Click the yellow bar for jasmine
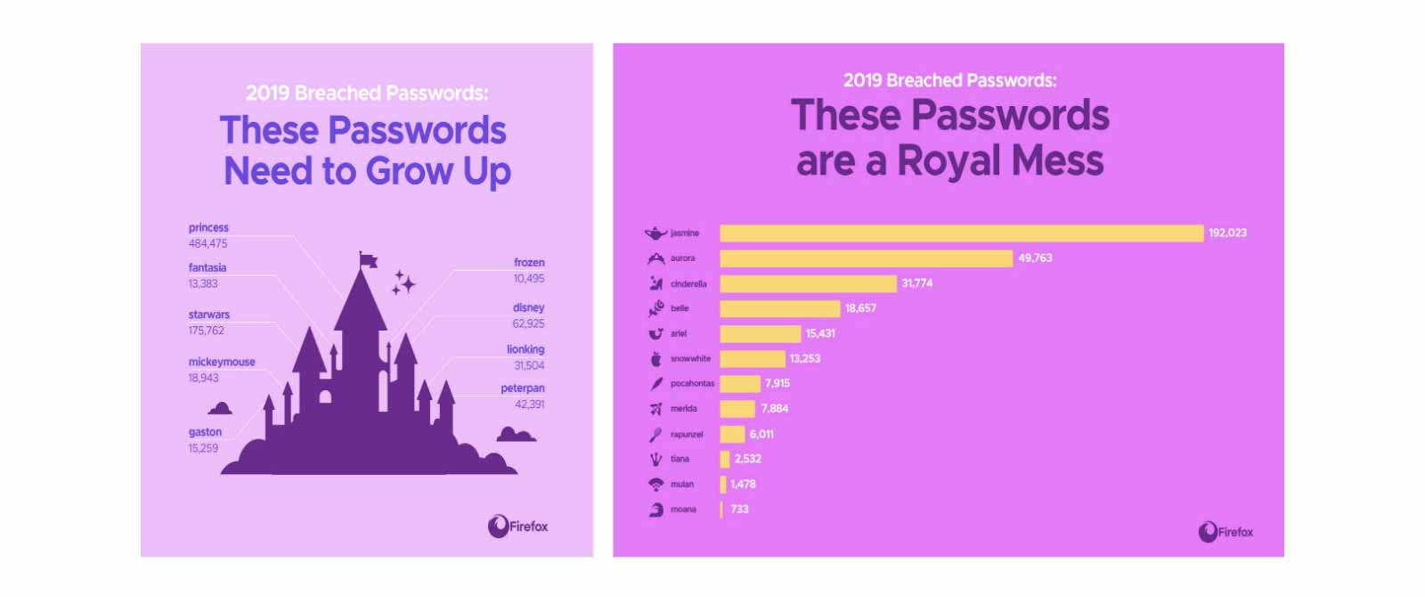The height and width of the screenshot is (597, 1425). (961, 233)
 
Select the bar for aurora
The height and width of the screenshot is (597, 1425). (866, 258)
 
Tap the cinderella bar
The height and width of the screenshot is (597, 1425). (808, 283)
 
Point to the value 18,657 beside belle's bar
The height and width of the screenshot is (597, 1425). (860, 308)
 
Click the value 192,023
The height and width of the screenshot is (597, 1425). (1227, 233)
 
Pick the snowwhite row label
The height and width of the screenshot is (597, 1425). (690, 359)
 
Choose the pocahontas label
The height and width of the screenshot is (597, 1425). (692, 384)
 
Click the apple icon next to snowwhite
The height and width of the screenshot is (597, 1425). (656, 359)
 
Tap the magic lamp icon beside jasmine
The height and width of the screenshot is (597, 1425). (655, 233)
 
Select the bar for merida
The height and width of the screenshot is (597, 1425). (737, 409)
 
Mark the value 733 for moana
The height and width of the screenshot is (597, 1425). (739, 510)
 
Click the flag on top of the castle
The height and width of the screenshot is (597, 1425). (368, 259)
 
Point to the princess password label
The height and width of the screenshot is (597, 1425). (208, 228)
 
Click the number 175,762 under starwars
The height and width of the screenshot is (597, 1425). (206, 331)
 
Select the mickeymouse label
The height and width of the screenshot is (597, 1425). (222, 363)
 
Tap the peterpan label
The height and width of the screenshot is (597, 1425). (522, 388)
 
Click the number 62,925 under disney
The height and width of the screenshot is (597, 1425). (528, 323)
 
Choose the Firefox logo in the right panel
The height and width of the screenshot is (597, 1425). (1225, 532)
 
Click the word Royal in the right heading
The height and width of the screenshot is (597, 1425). (949, 161)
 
